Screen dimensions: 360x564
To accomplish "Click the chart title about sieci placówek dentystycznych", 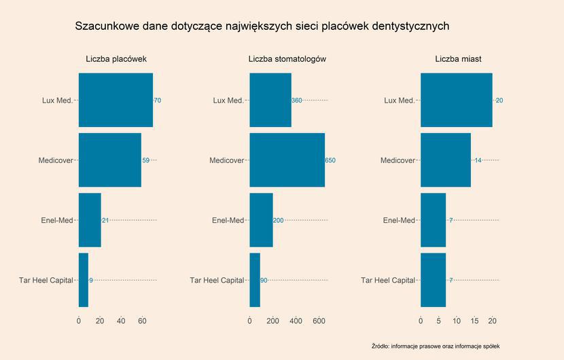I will [x=262, y=26].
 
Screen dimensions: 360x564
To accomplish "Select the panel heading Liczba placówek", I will [x=116, y=59].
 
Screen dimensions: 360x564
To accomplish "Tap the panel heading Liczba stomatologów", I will [x=287, y=59].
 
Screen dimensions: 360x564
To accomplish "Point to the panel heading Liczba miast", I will [x=459, y=59].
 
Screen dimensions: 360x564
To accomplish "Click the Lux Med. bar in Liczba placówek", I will [x=116, y=100].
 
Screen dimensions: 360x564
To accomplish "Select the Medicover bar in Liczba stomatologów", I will [x=287, y=160].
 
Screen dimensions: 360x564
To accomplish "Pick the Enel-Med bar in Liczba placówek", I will [x=90, y=220].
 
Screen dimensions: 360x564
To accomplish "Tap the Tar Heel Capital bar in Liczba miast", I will [x=433, y=280].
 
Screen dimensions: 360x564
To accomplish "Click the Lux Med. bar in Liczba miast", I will [x=456, y=100].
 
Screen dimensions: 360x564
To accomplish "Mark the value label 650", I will [x=330, y=160].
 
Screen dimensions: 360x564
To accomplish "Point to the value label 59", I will [x=145, y=160].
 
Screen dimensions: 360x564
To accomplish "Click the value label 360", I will [x=296, y=101].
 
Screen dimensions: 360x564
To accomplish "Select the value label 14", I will [x=478, y=160].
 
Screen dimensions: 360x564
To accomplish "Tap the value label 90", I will [x=264, y=280].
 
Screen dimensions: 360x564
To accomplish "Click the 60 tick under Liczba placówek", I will [x=142, y=321].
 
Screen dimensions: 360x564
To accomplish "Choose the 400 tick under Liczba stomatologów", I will [x=296, y=321].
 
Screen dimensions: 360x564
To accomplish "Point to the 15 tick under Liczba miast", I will [x=474, y=321].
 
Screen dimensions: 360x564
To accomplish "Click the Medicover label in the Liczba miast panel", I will [x=398, y=160].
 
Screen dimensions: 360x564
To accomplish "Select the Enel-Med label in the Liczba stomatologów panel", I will [x=228, y=220].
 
